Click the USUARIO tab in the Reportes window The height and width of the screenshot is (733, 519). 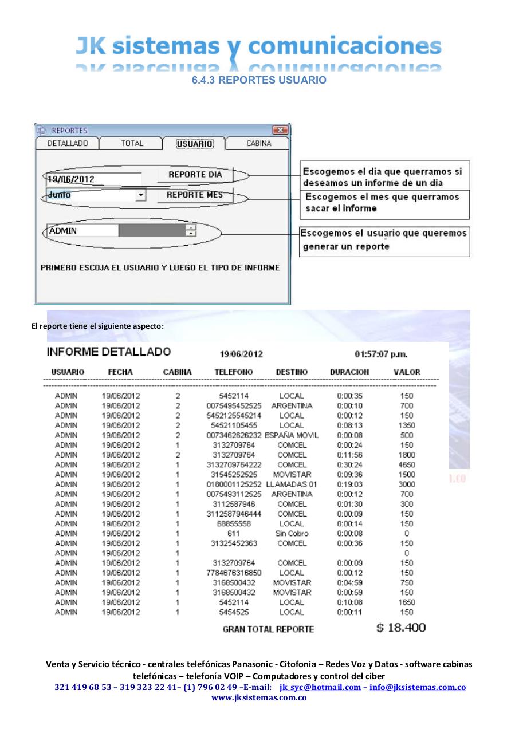pos(194,144)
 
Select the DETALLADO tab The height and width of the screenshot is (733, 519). pos(68,144)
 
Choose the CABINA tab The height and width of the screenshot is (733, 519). pos(258,144)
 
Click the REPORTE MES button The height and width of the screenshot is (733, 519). pos(195,195)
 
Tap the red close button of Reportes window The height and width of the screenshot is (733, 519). pos(280,131)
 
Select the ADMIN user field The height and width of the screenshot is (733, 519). pos(81,231)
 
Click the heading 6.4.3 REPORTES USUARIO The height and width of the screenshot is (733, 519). pos(259,80)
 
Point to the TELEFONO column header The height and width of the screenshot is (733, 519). pos(233,372)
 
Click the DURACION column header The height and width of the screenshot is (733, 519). pos(349,372)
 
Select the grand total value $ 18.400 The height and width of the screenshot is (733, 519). pos(401,628)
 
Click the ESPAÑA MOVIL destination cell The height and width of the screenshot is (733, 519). pos(292,435)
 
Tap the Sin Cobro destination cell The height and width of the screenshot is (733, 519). pos(292,534)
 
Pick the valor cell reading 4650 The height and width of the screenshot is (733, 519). pos(407,465)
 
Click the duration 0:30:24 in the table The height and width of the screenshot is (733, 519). pos(349,465)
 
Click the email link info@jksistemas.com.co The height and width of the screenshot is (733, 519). pos(417,687)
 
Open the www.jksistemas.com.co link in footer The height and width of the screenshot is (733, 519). pos(259,697)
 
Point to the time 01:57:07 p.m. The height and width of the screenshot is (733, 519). pos(381,354)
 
